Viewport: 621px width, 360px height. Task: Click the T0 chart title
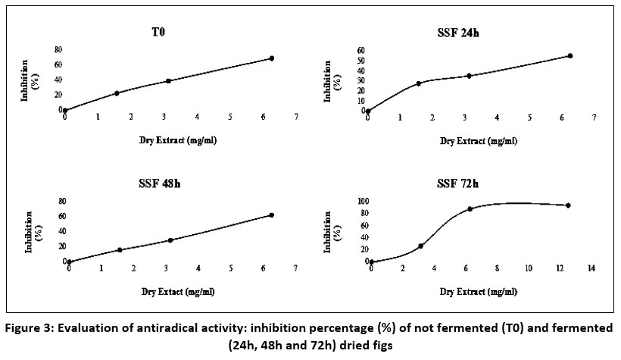click(158, 33)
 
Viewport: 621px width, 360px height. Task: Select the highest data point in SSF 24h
click(570, 55)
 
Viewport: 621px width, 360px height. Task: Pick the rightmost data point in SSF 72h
click(567, 205)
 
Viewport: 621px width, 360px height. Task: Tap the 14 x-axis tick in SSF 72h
click(592, 268)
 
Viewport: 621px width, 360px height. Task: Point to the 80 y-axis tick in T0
click(59, 49)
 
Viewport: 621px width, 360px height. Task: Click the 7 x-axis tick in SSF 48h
click(295, 268)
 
